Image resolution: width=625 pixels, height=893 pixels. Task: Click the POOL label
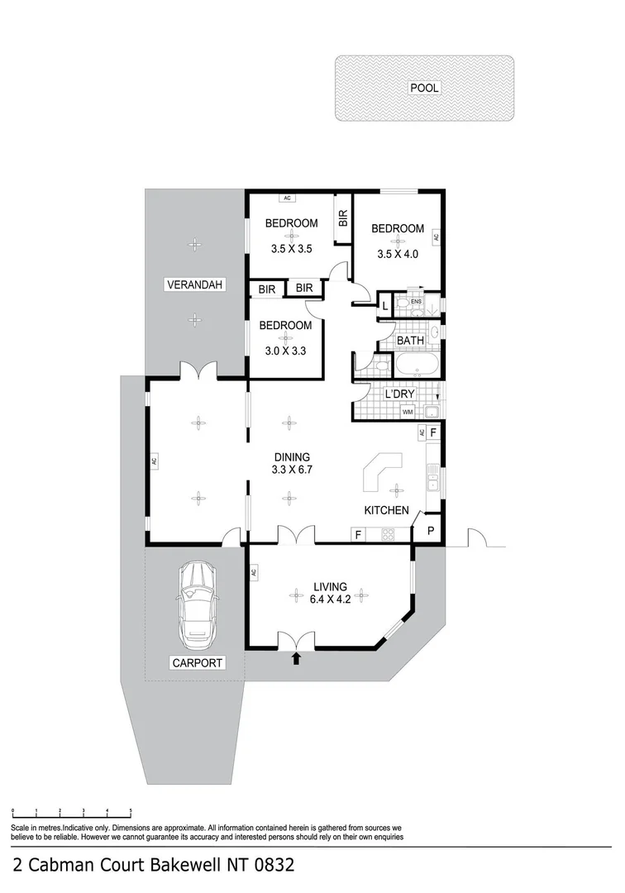[424, 88]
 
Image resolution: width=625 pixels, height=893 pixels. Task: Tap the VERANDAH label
[195, 285]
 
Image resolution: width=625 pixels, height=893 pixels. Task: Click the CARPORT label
[198, 662]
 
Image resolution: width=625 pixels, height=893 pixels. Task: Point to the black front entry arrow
[296, 658]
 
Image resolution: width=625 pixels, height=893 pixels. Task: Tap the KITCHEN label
[386, 510]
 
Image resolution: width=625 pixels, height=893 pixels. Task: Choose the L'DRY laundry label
[399, 394]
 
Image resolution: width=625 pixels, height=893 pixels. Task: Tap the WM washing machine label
[407, 412]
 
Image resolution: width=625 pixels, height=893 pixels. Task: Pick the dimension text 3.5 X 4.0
[397, 254]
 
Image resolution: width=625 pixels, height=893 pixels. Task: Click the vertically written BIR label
[342, 218]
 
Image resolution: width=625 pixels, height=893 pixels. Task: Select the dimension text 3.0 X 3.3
[285, 350]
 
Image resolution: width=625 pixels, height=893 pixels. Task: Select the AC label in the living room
[253, 572]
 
